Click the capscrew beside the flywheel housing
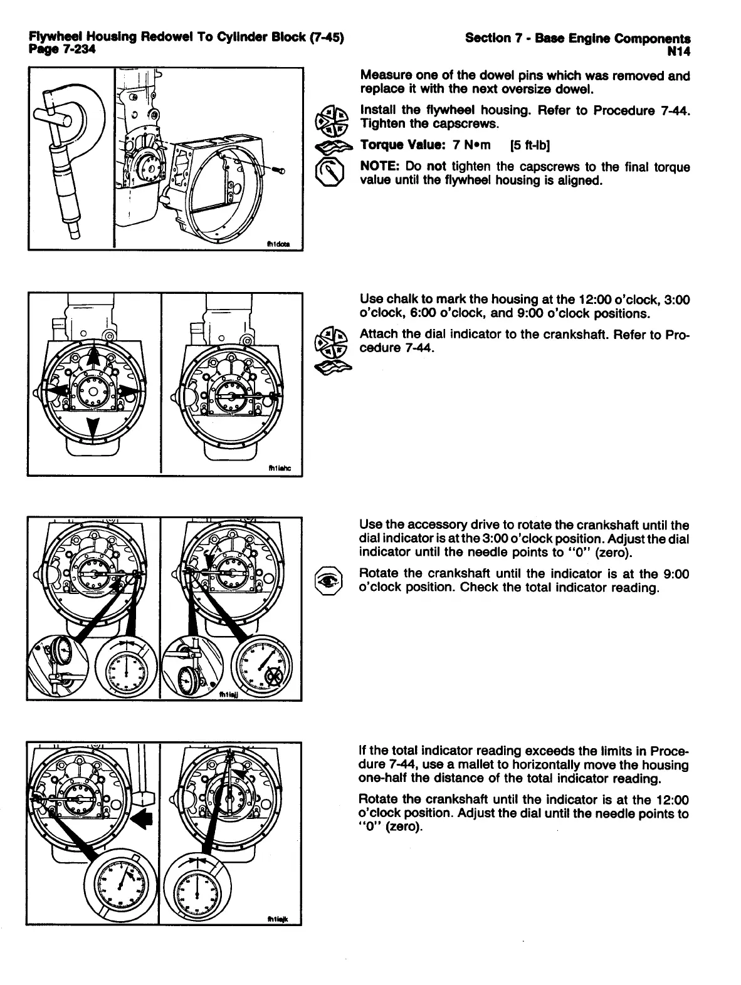tap(278, 170)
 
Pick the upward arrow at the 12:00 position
tap(93, 358)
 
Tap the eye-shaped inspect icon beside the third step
tap(330, 579)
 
